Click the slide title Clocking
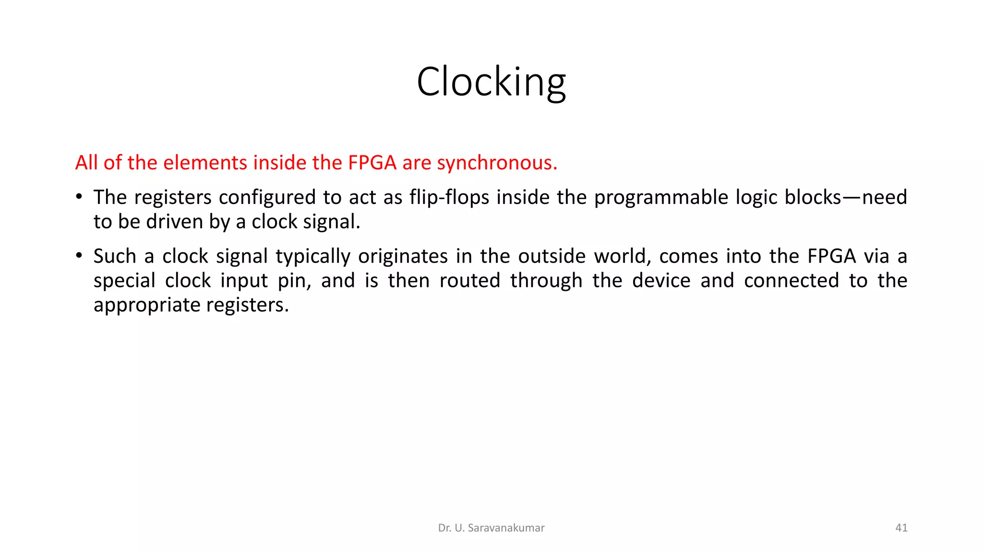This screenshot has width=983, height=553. click(x=491, y=82)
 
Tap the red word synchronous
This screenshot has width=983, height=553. click(x=497, y=163)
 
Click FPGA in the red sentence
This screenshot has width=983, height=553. click(x=372, y=163)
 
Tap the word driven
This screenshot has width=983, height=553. click(x=175, y=222)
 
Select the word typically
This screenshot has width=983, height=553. click(x=313, y=256)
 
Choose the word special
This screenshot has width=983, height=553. click(x=124, y=281)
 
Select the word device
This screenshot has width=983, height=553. click(x=661, y=281)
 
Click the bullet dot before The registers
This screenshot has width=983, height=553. click(x=79, y=197)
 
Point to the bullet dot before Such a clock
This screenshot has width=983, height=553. click(x=79, y=255)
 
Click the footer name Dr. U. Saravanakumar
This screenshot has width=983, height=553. click(x=491, y=528)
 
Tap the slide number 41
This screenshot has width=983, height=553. click(x=901, y=528)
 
